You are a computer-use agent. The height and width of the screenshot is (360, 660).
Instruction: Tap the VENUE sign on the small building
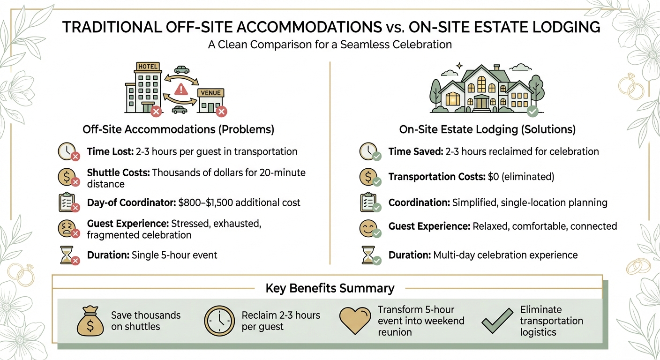[x=211, y=93]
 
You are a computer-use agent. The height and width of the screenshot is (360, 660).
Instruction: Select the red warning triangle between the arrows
[x=181, y=89]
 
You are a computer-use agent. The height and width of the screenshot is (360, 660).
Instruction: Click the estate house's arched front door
[x=481, y=102]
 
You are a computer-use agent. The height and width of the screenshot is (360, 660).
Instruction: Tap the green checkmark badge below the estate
[x=533, y=112]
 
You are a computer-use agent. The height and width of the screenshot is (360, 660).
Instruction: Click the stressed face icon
[x=67, y=229]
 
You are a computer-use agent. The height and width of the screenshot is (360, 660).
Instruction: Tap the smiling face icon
[x=368, y=228]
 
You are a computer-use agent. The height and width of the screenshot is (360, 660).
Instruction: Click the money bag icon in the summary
[x=90, y=321]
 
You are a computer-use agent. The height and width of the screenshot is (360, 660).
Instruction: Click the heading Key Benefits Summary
[x=330, y=288]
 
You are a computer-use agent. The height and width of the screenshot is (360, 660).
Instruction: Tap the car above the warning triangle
[x=181, y=70]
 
